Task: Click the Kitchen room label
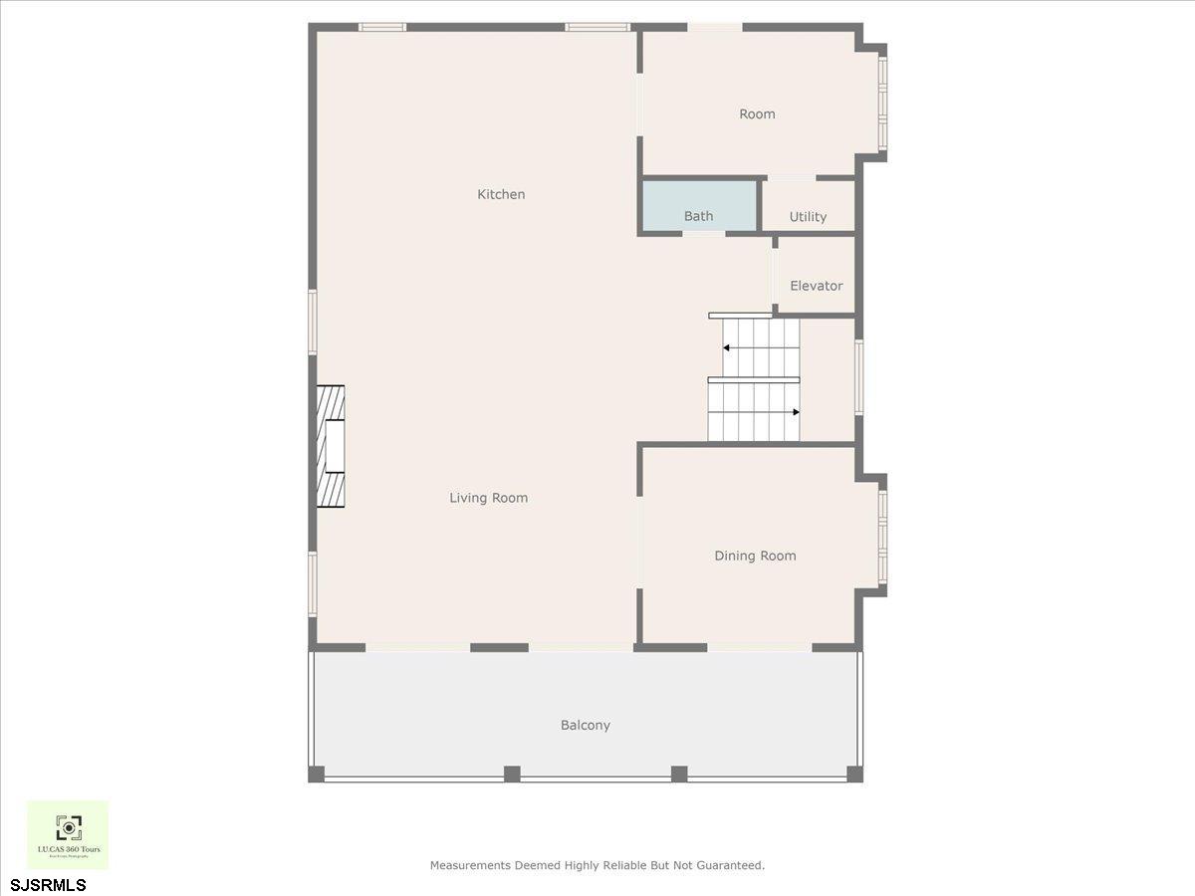[501, 194]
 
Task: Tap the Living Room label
[488, 498]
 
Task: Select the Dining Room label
[755, 556]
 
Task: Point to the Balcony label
[585, 725]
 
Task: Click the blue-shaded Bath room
[699, 206]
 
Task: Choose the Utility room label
[808, 216]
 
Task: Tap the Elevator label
[816, 286]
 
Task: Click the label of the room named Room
[757, 114]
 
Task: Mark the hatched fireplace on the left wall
[331, 447]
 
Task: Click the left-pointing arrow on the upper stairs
[727, 347]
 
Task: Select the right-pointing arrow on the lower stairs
[796, 411]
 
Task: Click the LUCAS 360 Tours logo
[68, 834]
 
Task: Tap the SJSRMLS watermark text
[48, 884]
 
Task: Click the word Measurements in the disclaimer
[470, 865]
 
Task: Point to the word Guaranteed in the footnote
[731, 865]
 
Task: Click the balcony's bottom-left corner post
[317, 774]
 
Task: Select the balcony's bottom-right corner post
[853, 774]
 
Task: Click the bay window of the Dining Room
[882, 537]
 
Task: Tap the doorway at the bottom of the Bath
[703, 234]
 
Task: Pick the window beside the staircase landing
[858, 377]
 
